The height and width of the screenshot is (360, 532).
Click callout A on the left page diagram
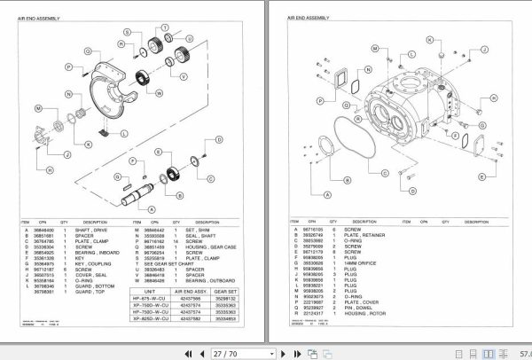[x=148, y=208]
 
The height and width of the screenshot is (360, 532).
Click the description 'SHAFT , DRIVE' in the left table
[x=98, y=229]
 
